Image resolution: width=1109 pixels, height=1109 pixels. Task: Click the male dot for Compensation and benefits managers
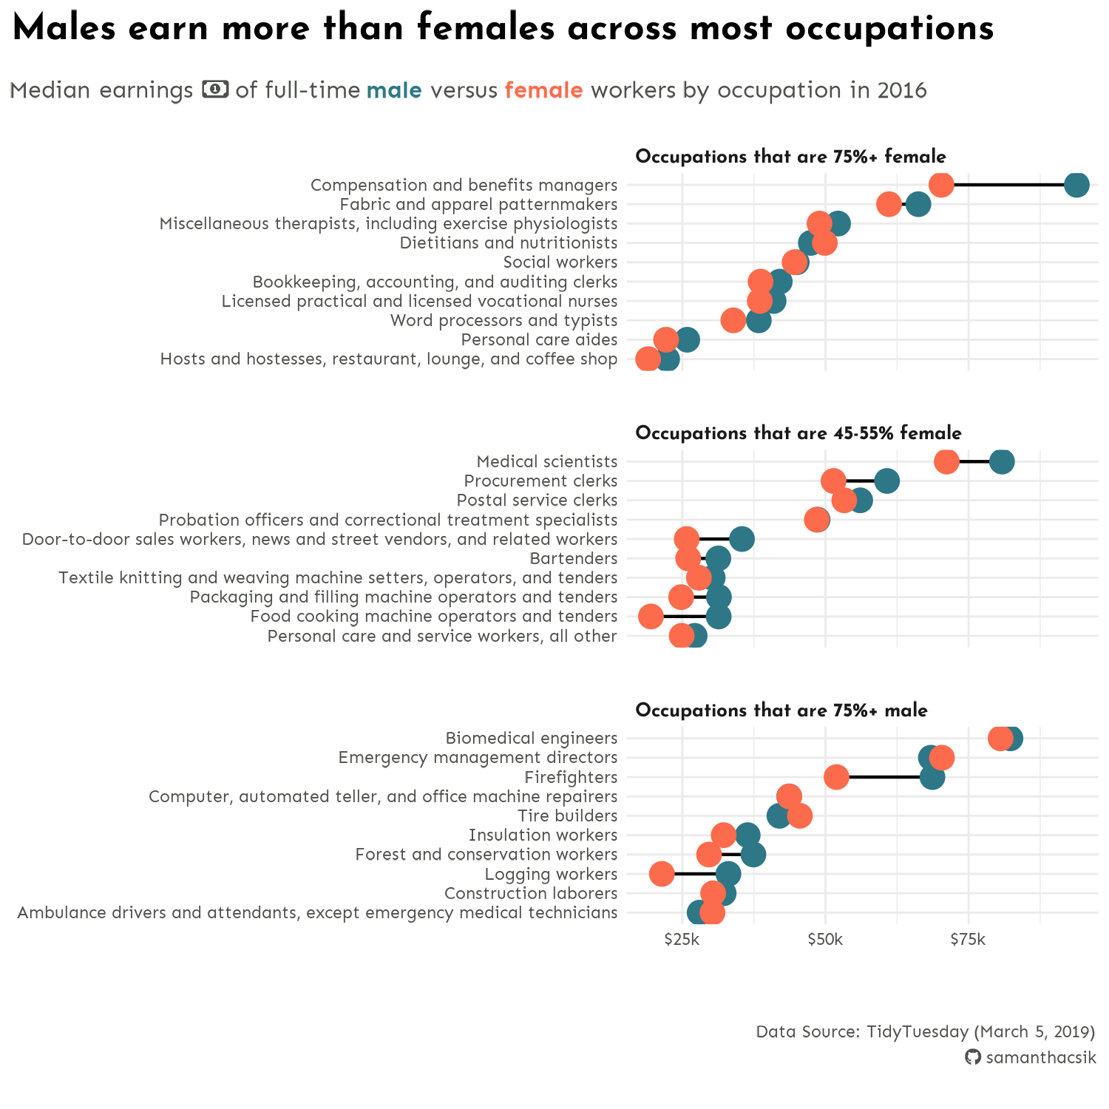click(1076, 184)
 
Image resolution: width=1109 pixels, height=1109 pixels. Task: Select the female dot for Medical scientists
click(946, 461)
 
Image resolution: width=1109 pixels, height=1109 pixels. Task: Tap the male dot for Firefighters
click(932, 777)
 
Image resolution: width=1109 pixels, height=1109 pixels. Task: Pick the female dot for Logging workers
click(662, 874)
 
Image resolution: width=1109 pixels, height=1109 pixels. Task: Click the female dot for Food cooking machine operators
click(651, 616)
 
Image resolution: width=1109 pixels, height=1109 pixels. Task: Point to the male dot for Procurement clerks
click(886, 481)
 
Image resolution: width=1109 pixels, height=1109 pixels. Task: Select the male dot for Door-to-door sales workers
click(742, 539)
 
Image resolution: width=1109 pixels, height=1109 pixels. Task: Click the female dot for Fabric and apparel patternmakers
click(889, 204)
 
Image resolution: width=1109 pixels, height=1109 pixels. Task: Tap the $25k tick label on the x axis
click(682, 940)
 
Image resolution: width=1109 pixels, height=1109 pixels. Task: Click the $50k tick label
click(825, 940)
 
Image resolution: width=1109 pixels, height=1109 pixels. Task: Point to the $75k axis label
click(968, 940)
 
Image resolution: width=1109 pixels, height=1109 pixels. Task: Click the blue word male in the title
click(394, 90)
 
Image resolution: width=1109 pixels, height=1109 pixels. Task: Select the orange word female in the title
click(543, 90)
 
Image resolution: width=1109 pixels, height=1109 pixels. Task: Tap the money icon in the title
click(215, 89)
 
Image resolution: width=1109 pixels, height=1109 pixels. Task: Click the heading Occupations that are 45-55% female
click(798, 433)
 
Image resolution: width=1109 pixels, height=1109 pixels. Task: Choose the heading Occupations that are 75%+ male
click(781, 710)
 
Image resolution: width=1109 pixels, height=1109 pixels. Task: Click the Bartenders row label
click(573, 558)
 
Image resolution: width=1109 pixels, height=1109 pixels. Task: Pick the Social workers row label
click(560, 262)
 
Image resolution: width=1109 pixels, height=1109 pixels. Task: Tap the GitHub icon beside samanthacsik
click(973, 1057)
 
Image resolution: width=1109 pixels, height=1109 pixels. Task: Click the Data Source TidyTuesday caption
click(925, 1031)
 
